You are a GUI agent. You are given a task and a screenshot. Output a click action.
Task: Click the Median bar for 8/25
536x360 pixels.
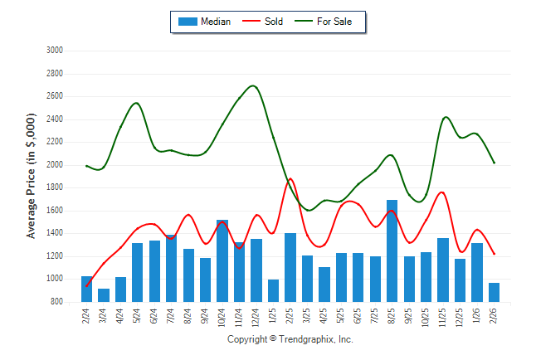click(392, 251)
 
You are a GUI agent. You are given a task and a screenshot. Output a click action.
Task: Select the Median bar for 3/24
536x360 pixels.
click(104, 294)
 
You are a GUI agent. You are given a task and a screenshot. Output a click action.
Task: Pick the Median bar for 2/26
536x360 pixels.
click(494, 292)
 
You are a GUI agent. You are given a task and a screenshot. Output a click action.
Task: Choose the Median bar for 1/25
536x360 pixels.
click(273, 290)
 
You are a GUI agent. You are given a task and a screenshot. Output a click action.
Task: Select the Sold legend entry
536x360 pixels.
click(264, 22)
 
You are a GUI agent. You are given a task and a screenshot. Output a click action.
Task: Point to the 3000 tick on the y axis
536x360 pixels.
click(55, 50)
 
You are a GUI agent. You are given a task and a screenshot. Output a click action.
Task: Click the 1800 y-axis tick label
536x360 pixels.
click(55, 187)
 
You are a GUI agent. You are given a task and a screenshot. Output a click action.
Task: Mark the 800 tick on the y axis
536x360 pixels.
click(57, 302)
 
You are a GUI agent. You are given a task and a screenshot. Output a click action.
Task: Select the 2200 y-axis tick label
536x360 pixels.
click(55, 142)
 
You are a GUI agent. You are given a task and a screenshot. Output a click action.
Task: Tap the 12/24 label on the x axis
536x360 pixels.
click(256, 317)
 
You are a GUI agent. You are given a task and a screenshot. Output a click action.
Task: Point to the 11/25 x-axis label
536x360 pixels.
click(443, 317)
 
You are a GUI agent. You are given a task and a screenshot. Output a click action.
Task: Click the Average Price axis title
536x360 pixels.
click(32, 176)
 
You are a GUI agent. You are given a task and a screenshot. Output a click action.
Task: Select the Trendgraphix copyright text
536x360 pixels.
click(290, 339)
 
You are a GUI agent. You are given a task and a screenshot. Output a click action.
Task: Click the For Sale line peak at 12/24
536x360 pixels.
click(254, 86)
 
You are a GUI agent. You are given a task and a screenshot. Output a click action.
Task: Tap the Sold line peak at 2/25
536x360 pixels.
click(290, 178)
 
